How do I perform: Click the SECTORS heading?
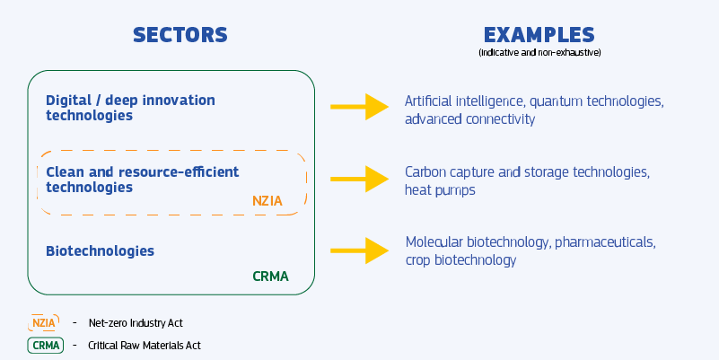pos(180,35)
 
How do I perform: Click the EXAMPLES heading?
pos(539,35)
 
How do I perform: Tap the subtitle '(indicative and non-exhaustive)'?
pos(539,53)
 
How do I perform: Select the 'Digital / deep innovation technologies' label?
pos(130,107)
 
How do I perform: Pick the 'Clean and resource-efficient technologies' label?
pos(142,179)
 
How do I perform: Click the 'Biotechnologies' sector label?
pos(100,250)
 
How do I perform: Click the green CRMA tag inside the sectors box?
pos(271,277)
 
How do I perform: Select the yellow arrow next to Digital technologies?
pos(359,107)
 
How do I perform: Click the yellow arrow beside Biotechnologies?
pos(359,250)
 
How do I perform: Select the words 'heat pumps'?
pos(440,190)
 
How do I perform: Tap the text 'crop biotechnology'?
pos(460,260)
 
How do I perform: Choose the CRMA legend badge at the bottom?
pos(46,345)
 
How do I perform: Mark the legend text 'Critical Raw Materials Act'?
pos(139,345)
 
